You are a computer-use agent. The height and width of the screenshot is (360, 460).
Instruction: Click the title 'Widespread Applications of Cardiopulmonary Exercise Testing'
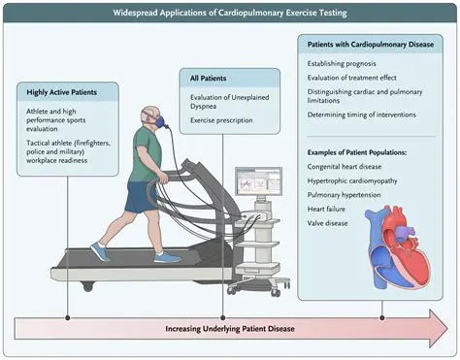[230, 13]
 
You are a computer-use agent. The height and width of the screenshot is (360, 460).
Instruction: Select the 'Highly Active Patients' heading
[61, 92]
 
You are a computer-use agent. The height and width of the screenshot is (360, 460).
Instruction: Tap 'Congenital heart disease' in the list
[345, 167]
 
